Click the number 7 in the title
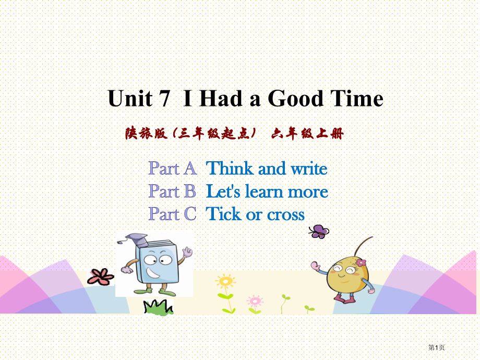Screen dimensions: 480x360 pyautogui.click(x=164, y=99)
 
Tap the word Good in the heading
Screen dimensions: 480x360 pyautogui.click(x=295, y=98)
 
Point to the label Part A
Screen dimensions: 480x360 pyautogui.click(x=173, y=169)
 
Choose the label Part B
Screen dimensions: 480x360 pyautogui.click(x=172, y=191)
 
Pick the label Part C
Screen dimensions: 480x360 pyautogui.click(x=172, y=214)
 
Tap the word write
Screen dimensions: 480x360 pyautogui.click(x=309, y=169)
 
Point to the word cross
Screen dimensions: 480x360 pyautogui.click(x=286, y=215)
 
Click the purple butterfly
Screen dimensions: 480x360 pyautogui.click(x=319, y=232)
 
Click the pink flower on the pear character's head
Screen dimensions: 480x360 pyautogui.click(x=361, y=262)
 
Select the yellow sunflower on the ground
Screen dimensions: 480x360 pyautogui.click(x=225, y=281)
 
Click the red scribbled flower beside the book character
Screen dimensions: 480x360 pyautogui.click(x=100, y=277)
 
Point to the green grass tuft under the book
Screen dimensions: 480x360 pyautogui.click(x=159, y=307)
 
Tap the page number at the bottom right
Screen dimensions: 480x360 pyautogui.click(x=437, y=347)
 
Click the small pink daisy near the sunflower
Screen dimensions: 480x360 pyautogui.click(x=255, y=301)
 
